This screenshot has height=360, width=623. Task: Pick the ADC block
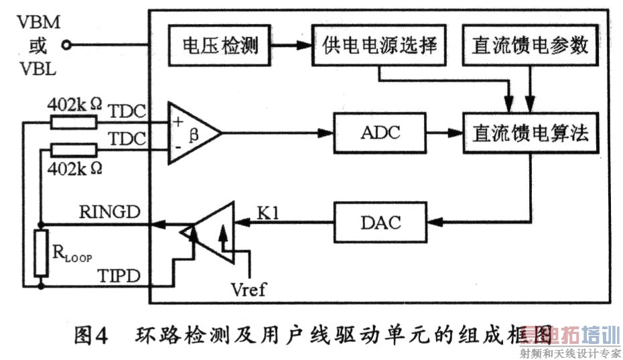tap(380, 132)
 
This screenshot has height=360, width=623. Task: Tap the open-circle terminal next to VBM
tap(66, 46)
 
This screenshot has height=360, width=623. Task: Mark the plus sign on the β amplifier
tap(178, 123)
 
